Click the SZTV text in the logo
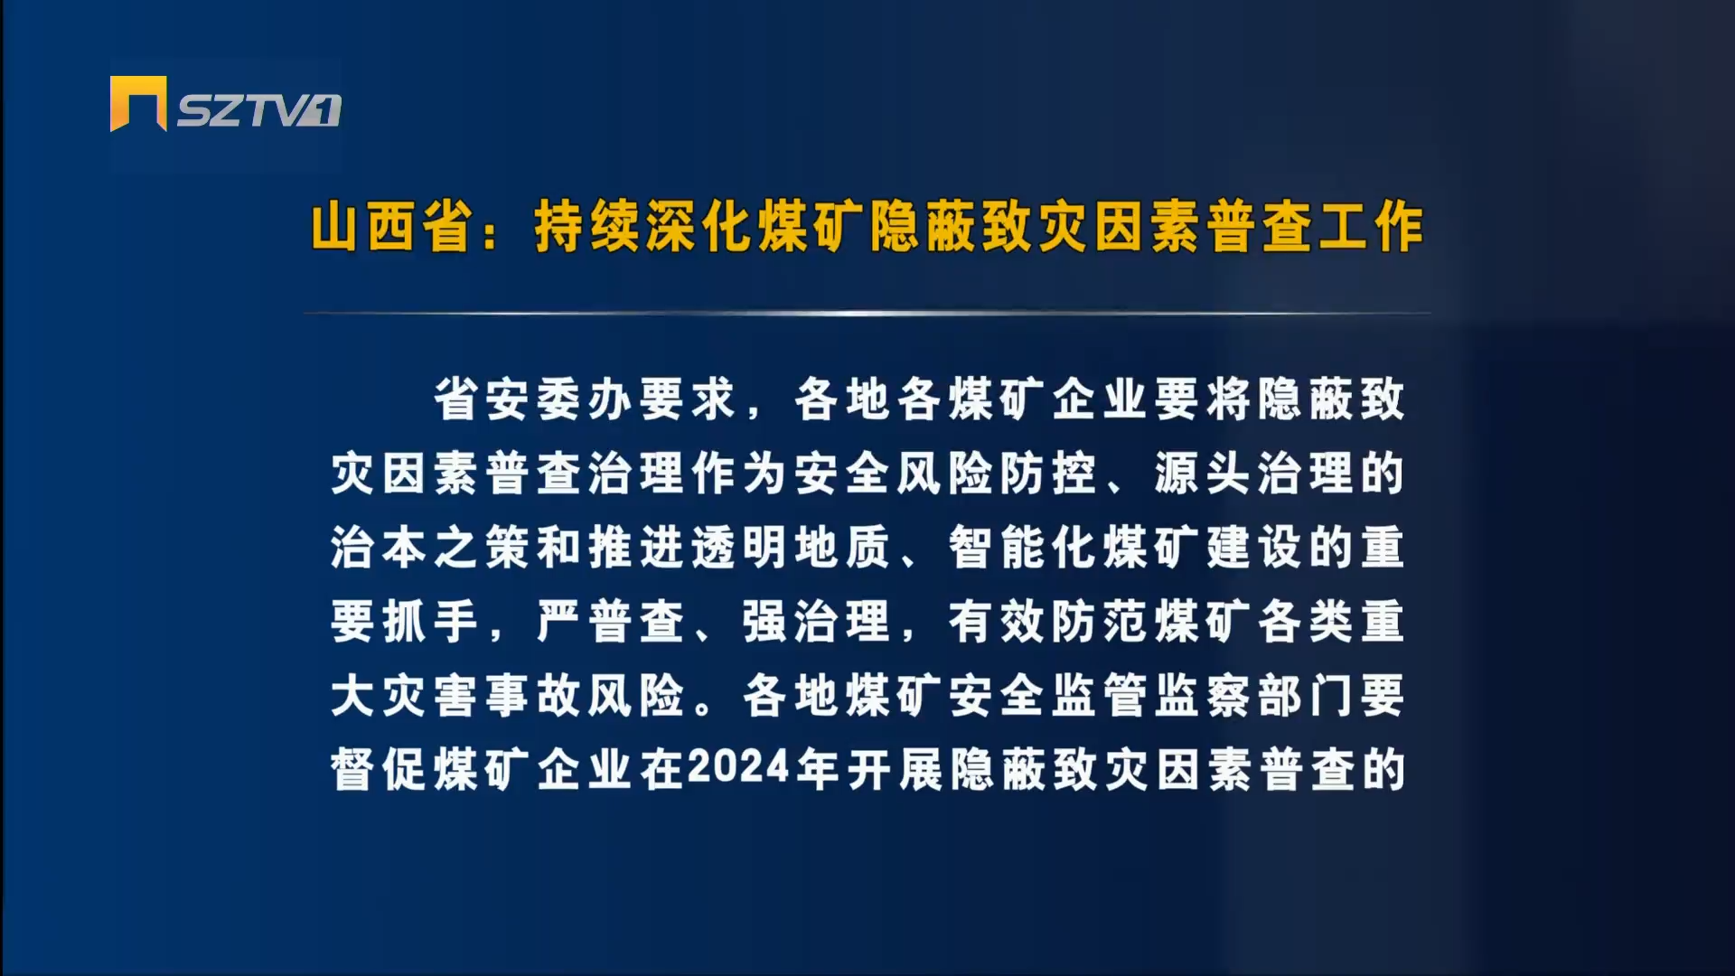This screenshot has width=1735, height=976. [244, 110]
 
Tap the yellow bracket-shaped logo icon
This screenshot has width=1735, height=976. [138, 103]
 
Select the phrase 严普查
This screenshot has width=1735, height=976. [611, 622]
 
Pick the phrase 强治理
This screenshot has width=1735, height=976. [817, 622]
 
